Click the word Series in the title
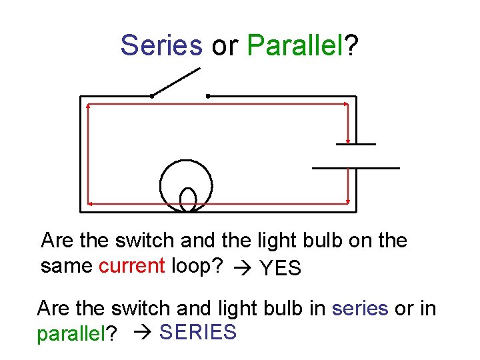[x=161, y=45]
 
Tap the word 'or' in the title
[x=225, y=46]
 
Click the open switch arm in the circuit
[x=176, y=82]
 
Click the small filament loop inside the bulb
[x=189, y=199]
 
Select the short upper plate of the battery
[x=355, y=144]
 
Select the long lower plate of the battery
[x=356, y=167]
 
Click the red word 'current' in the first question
[x=131, y=266]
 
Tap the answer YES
[x=281, y=268]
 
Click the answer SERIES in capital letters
[x=198, y=332]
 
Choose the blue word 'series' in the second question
[x=359, y=309]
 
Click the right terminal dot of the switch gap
[x=208, y=96]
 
